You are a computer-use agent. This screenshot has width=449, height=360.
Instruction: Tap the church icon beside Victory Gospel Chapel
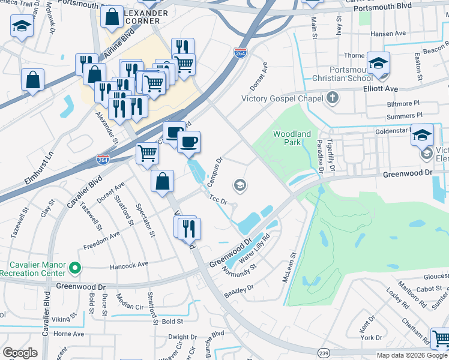pyautogui.click(x=333, y=98)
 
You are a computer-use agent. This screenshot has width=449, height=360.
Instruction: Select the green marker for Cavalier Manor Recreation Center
pyautogui.click(x=74, y=268)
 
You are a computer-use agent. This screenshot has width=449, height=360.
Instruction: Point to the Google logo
pyautogui.click(x=20, y=353)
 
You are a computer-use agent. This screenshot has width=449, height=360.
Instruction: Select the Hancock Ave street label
pyautogui.click(x=128, y=265)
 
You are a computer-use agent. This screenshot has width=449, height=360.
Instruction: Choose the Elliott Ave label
pyautogui.click(x=381, y=88)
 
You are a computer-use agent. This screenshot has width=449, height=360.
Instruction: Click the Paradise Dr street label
pyautogui.click(x=321, y=156)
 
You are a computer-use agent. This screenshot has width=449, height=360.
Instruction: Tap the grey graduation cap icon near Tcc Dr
pyautogui.click(x=240, y=185)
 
